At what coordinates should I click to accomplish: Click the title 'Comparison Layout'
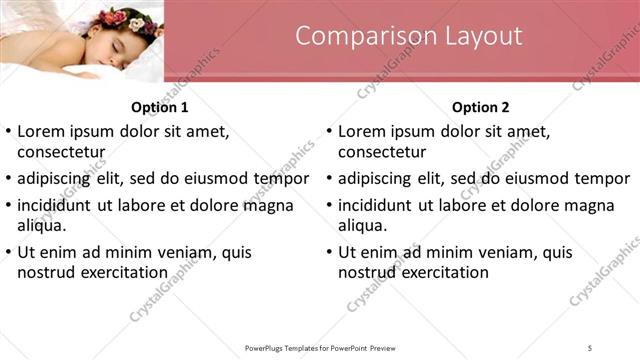click(x=409, y=36)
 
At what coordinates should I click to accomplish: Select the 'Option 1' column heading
click(x=160, y=107)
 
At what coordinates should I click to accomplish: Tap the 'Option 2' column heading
click(x=480, y=107)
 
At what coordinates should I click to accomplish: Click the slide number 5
click(x=590, y=347)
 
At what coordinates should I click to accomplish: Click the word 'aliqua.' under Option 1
click(x=43, y=225)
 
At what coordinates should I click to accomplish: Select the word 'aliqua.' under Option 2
click(x=363, y=225)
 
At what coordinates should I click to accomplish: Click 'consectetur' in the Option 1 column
click(x=62, y=152)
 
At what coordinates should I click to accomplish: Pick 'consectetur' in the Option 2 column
click(x=382, y=152)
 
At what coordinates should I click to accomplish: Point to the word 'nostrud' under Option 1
click(x=47, y=272)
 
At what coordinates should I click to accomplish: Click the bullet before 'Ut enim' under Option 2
click(x=329, y=252)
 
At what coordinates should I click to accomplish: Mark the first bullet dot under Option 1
click(x=9, y=131)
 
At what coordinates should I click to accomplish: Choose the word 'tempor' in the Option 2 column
click(x=600, y=179)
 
